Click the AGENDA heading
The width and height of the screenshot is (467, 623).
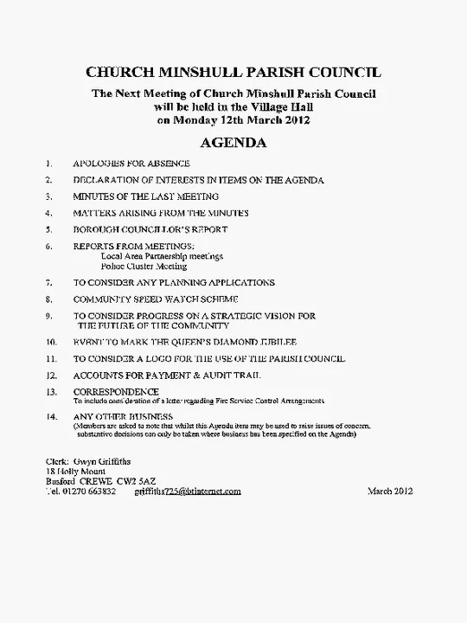[233, 142]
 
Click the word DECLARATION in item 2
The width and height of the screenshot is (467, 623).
[109, 180]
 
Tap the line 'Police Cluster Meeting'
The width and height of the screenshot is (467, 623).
[144, 267]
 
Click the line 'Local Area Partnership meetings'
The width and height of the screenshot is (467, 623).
[163, 256]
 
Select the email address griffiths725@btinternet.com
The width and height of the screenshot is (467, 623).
[188, 491]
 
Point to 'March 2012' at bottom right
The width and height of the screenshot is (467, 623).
[390, 491]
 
